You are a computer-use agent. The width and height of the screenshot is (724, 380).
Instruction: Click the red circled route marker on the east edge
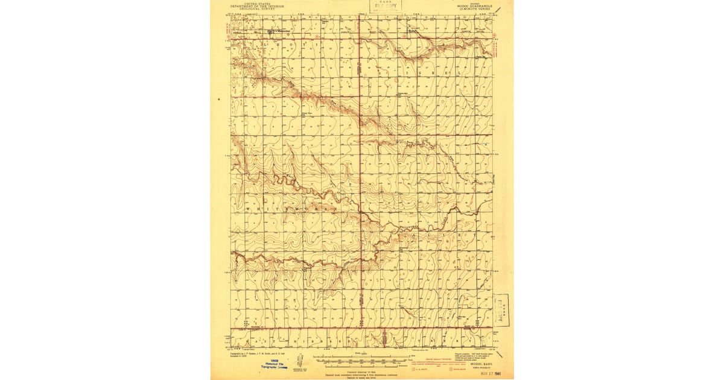495,41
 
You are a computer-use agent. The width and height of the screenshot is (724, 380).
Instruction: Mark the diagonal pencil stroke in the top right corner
498,9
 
